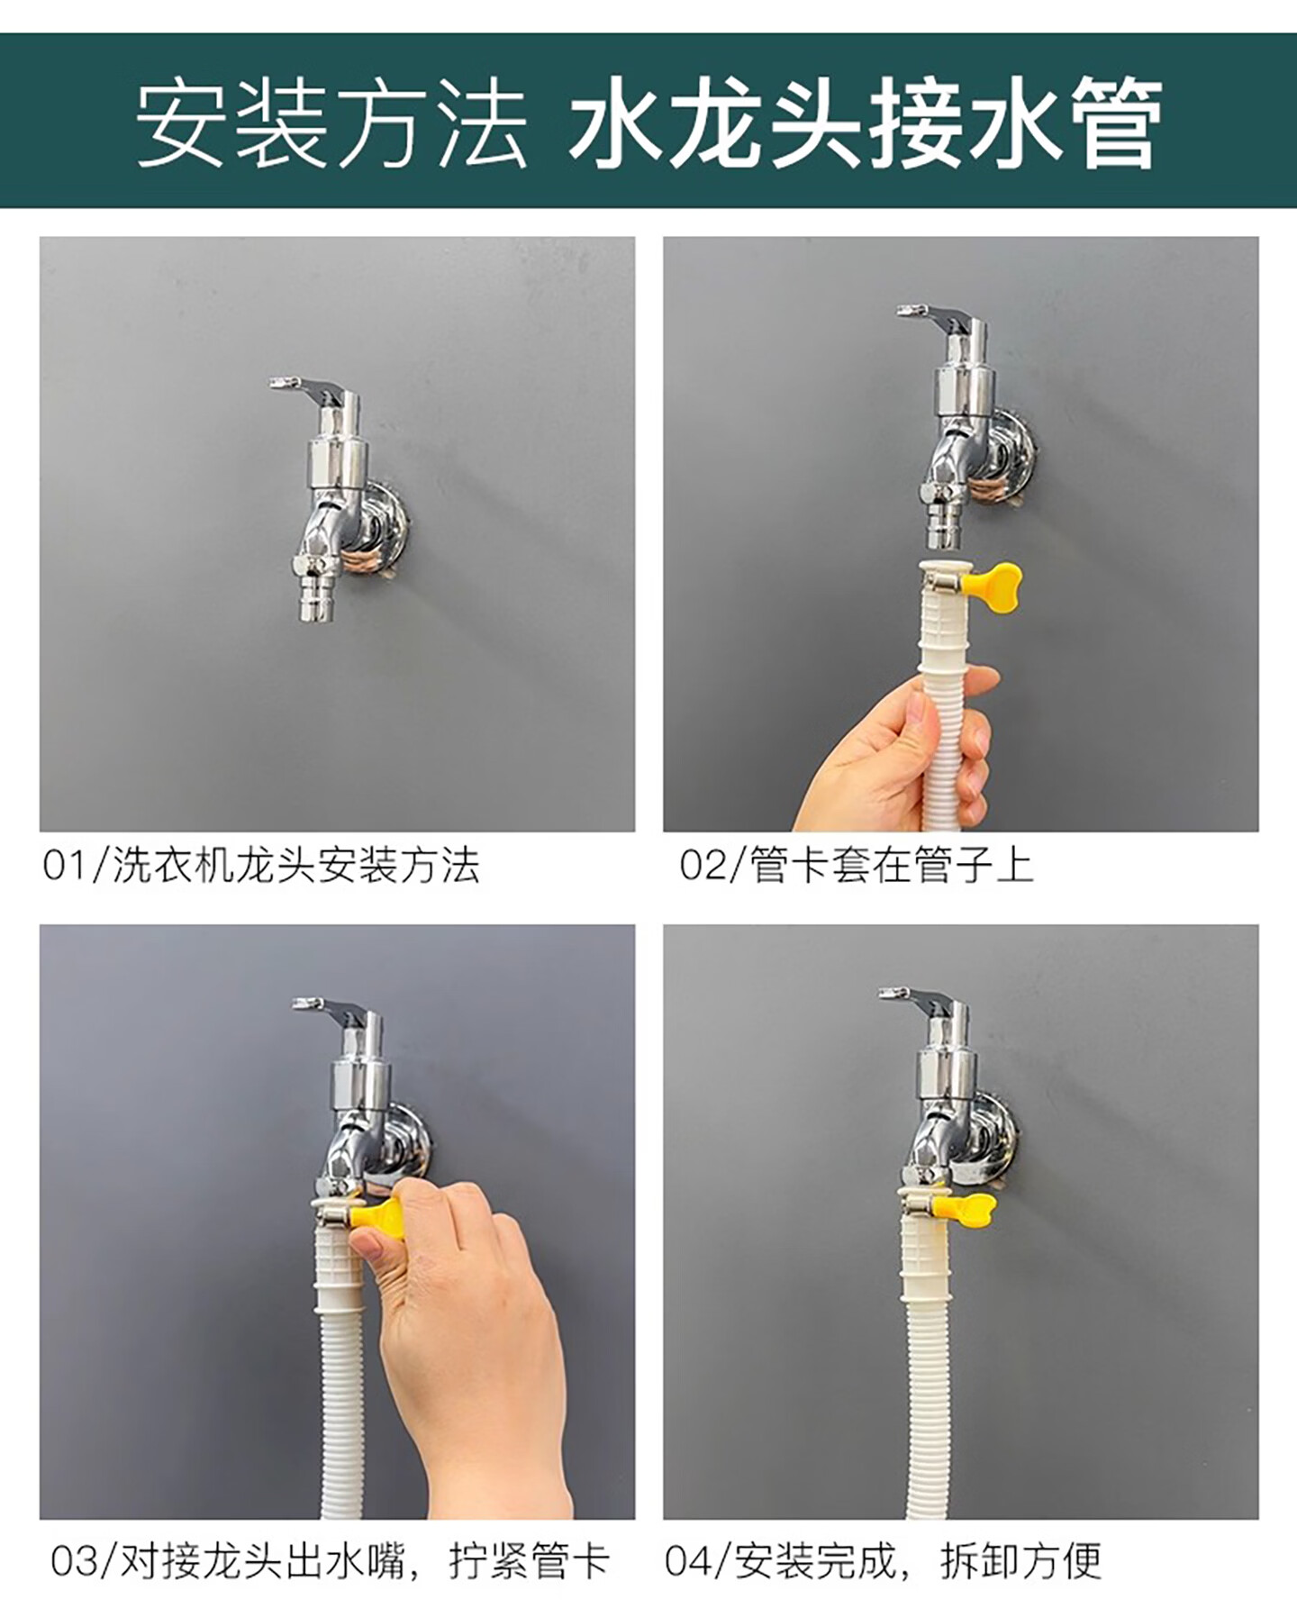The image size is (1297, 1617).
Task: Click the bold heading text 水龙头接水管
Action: point(865,121)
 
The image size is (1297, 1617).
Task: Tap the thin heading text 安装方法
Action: point(331,123)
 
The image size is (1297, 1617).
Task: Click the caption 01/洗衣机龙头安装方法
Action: point(261,866)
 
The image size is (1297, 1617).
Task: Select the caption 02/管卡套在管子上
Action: point(856,866)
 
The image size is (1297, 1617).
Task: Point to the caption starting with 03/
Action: point(330,1561)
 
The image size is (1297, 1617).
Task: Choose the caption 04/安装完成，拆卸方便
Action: point(883,1561)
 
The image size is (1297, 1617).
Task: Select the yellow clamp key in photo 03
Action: point(378,1215)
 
